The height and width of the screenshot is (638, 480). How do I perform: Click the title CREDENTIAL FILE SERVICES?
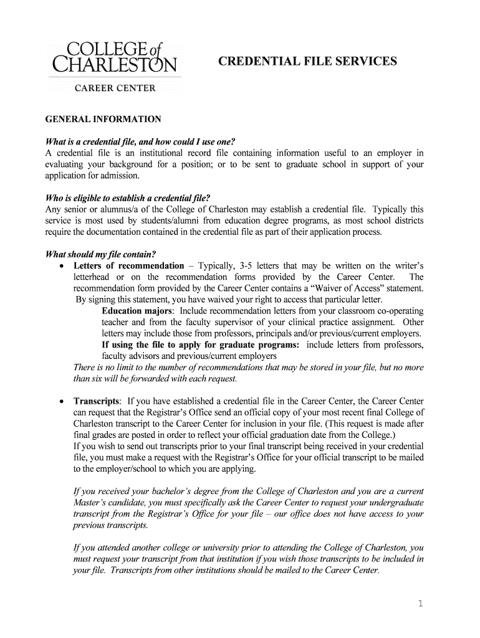(307, 61)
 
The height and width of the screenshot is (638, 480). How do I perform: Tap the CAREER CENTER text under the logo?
(115, 88)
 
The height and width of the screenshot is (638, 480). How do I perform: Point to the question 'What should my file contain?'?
(101, 254)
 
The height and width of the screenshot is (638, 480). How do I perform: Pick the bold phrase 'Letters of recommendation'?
(129, 266)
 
